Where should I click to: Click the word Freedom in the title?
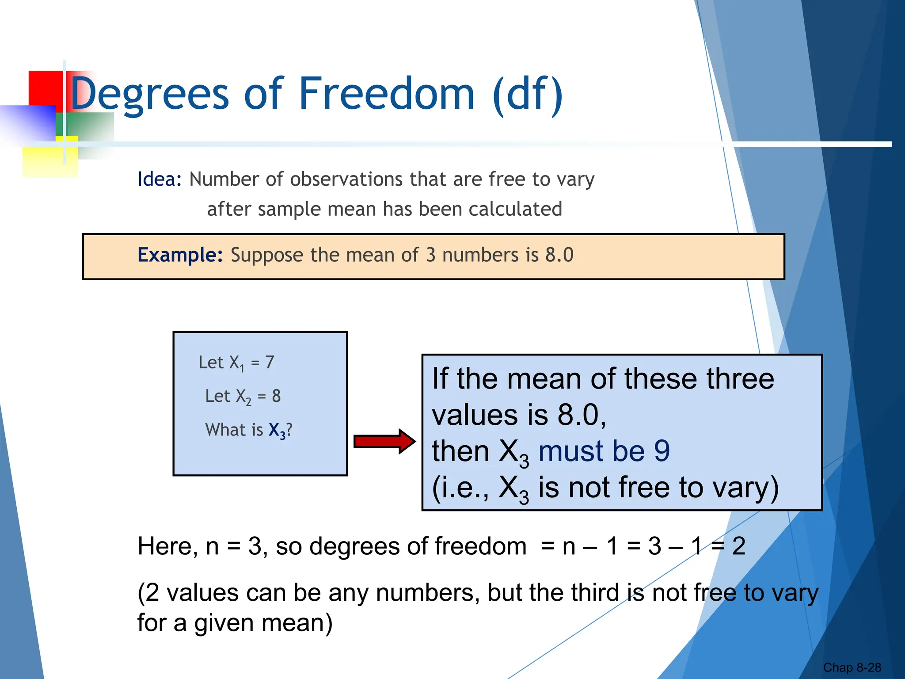(387, 94)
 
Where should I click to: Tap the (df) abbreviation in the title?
(528, 94)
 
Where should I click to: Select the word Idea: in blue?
(160, 179)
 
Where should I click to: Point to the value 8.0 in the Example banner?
(559, 255)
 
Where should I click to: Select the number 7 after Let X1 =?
(270, 362)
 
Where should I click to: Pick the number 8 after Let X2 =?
(276, 396)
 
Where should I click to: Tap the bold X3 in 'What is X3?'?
(277, 430)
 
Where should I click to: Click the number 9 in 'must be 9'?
(662, 451)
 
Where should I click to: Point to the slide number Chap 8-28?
(852, 668)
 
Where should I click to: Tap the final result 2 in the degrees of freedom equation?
(738, 546)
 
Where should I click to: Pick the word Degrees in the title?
(149, 94)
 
